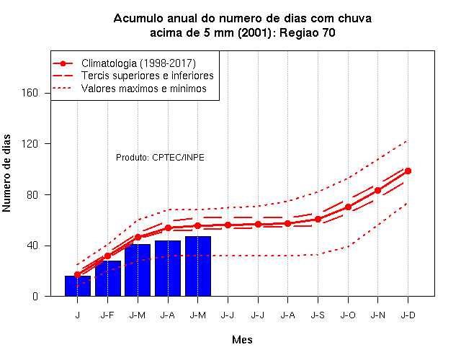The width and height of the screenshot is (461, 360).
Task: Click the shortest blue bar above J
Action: (x=78, y=286)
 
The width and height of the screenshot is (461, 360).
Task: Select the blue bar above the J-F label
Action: (x=108, y=279)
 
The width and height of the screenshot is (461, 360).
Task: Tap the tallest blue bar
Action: (x=198, y=266)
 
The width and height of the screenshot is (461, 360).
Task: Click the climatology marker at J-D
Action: (x=408, y=171)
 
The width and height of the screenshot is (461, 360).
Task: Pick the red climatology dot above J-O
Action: (x=348, y=207)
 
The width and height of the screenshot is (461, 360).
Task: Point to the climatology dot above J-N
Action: (x=377, y=190)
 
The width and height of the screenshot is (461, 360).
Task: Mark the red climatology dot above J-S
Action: (x=318, y=219)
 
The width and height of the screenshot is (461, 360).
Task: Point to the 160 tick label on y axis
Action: (x=30, y=93)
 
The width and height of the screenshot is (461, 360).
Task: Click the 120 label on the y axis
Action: (x=30, y=144)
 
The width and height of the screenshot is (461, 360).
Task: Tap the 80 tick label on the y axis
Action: (x=32, y=194)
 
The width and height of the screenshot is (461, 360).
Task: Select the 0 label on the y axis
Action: (x=35, y=296)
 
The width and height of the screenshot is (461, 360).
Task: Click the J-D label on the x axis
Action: (x=408, y=315)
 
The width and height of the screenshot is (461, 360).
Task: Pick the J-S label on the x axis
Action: (x=318, y=315)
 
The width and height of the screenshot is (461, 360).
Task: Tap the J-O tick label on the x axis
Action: (x=348, y=315)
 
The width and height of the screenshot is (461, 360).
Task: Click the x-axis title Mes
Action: (x=242, y=340)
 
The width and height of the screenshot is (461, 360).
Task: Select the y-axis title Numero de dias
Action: (x=6, y=173)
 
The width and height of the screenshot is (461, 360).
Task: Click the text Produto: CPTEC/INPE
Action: (x=160, y=158)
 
